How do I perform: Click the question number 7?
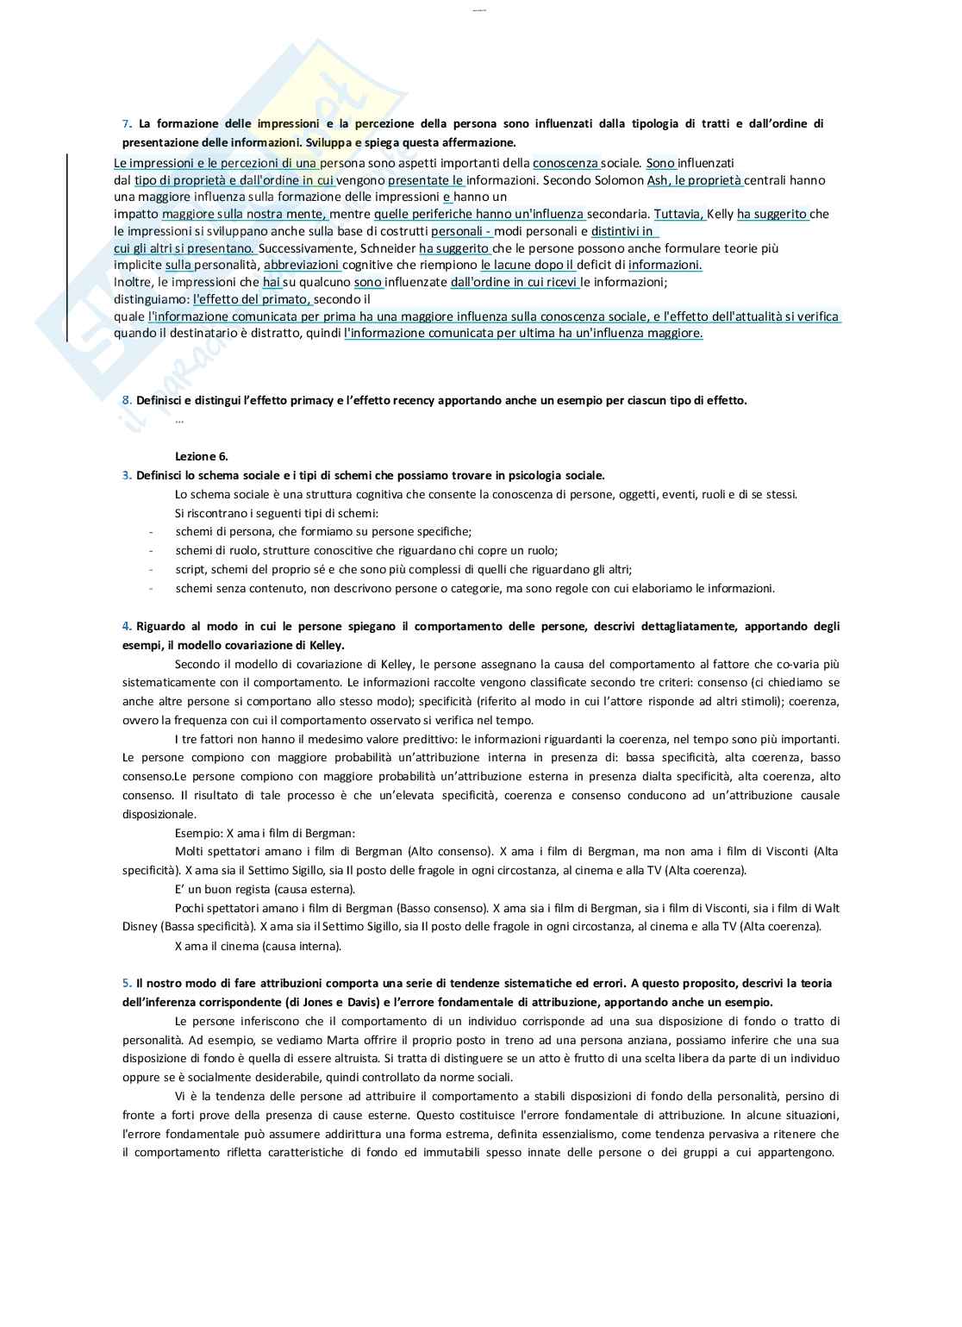coord(125,124)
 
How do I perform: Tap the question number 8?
coord(126,401)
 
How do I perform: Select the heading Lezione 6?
coord(201,456)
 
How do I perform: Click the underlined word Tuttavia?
coord(679,214)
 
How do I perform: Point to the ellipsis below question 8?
coord(179,420)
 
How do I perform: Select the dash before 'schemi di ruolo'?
coord(151,551)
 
